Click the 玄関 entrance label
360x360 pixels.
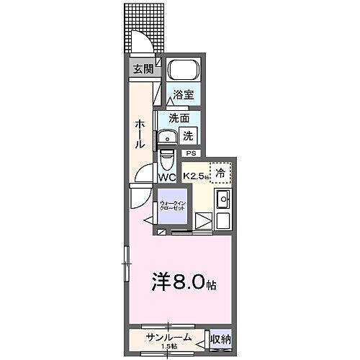[x=143, y=69]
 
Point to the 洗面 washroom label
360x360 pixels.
[x=179, y=117]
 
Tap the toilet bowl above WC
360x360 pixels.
[x=166, y=157]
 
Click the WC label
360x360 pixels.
[x=167, y=176]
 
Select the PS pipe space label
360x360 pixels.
[x=191, y=153]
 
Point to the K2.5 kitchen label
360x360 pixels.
[x=195, y=175]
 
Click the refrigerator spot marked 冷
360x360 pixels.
[x=222, y=172]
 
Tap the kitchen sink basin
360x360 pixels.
[x=223, y=199]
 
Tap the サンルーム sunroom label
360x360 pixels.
[x=167, y=335]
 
